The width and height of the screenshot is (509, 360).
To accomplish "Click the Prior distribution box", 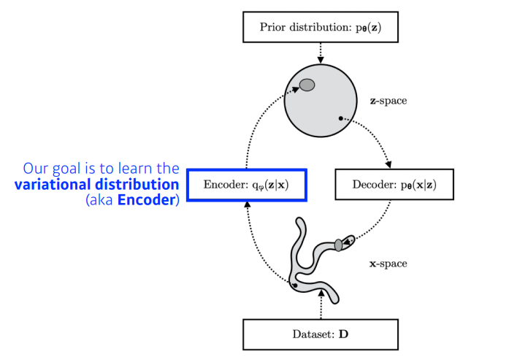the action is [x=319, y=27].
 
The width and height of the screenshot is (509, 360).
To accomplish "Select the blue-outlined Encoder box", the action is [x=246, y=185].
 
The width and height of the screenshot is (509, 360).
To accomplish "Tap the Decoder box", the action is [x=394, y=185].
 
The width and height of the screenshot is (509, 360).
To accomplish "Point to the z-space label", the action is [x=388, y=101].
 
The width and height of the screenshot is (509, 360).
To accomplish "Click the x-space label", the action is [x=388, y=263].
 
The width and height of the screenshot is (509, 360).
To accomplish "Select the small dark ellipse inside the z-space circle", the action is [x=307, y=85].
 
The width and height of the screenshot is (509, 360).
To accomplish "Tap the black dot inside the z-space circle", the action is [x=340, y=118].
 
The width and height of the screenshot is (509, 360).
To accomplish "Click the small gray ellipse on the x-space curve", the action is [x=339, y=243].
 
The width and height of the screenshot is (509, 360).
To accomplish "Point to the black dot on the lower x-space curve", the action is [x=294, y=286].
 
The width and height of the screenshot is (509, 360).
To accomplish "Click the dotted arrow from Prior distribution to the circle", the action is [x=319, y=50].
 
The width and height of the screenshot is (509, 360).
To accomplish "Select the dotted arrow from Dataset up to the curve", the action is [x=320, y=304].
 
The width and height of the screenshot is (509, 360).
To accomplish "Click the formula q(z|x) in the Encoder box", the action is [x=265, y=185].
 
